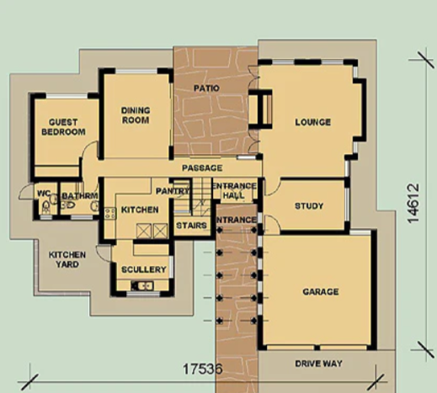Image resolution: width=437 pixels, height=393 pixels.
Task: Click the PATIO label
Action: [x=206, y=88]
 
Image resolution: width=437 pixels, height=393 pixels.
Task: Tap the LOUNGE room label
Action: [x=313, y=122]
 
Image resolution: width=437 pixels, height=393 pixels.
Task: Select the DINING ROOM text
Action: [x=136, y=115]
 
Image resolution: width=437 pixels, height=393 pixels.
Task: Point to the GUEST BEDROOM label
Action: [x=63, y=127]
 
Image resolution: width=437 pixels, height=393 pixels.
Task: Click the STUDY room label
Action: [x=309, y=206]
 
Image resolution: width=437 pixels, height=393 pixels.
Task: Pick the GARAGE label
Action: [x=321, y=292]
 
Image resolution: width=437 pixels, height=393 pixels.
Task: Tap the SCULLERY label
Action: [x=144, y=269]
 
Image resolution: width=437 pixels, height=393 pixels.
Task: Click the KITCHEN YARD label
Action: [x=67, y=259]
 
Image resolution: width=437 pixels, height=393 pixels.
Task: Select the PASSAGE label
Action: [x=202, y=168]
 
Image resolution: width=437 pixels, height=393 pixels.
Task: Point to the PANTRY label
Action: [x=173, y=191]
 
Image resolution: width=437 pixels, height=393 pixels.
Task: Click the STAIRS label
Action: [x=191, y=226]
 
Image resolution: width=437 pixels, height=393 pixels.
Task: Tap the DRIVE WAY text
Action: [x=318, y=364]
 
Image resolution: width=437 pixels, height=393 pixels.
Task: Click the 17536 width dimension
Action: [x=203, y=369]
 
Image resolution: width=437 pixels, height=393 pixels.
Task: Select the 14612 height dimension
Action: [x=413, y=204]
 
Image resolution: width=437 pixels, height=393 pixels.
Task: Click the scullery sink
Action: [x=142, y=286]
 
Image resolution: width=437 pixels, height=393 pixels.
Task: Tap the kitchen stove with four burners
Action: [x=110, y=213]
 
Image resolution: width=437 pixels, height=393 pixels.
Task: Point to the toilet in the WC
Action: [x=46, y=208]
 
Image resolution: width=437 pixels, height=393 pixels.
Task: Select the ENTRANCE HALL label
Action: [x=235, y=191]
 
